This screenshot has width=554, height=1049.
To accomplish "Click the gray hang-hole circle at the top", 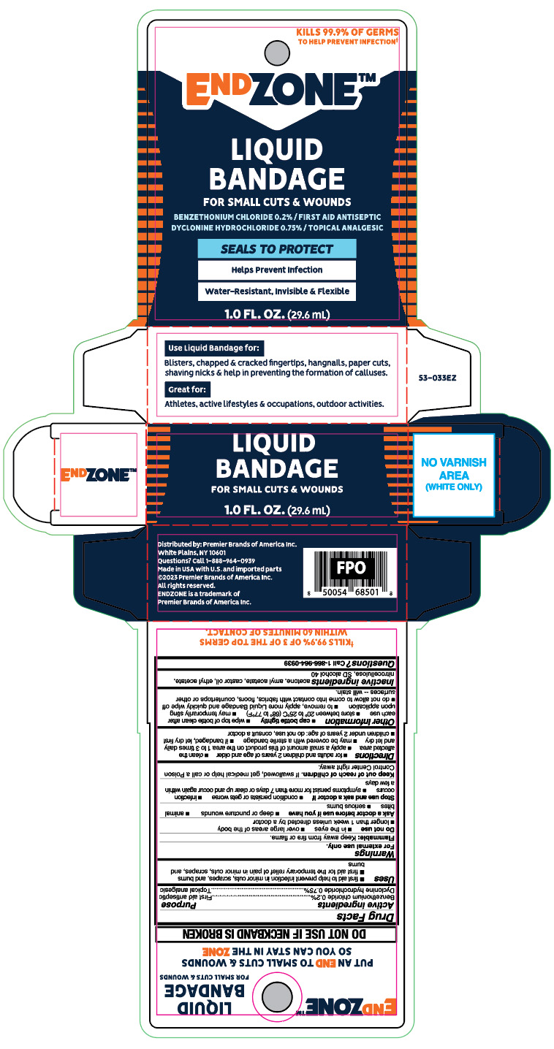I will [276, 53].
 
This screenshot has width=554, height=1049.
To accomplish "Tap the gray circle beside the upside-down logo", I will [276, 996].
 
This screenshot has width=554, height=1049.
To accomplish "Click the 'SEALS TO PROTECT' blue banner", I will [277, 248].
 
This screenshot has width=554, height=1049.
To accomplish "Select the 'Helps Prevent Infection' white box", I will [277, 270].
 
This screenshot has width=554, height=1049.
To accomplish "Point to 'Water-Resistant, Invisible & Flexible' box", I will [277, 291].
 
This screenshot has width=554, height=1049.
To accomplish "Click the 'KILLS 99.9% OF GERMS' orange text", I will [347, 33].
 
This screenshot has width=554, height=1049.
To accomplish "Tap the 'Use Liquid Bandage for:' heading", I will [214, 347].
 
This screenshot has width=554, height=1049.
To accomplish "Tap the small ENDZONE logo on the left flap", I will [99, 474].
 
